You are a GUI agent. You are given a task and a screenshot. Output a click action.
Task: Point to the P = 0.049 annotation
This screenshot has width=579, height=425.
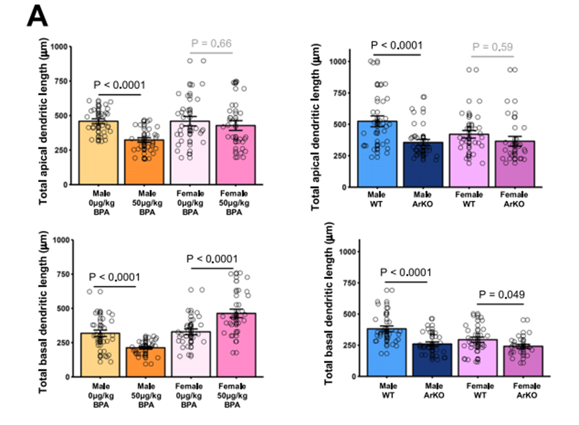(499, 294)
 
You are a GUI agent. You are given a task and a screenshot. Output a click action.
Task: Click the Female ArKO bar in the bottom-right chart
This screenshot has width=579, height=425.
(519, 361)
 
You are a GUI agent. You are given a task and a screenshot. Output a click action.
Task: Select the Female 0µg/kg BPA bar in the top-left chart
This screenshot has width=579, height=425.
(193, 153)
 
